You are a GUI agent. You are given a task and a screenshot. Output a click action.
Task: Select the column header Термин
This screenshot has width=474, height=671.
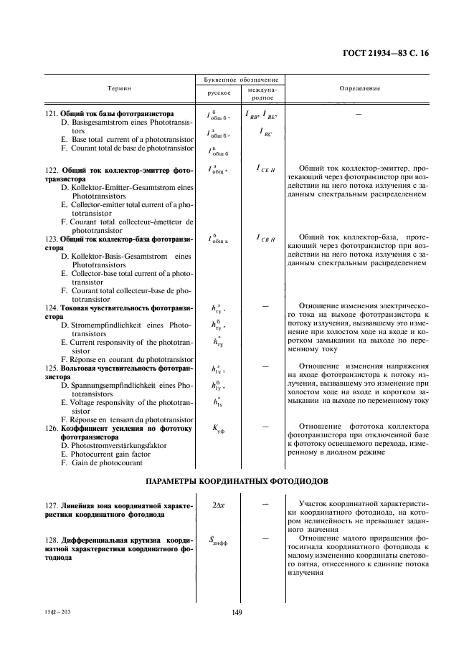[x=120, y=88]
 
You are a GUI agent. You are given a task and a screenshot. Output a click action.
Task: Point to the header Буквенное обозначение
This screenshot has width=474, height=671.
[x=240, y=80]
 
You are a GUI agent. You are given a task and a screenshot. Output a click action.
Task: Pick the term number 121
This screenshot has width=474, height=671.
[x=51, y=114]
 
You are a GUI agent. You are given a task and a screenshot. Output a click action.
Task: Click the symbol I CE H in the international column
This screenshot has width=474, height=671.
[x=265, y=168]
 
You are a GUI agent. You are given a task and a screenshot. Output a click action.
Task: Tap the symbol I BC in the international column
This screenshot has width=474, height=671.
[x=265, y=133]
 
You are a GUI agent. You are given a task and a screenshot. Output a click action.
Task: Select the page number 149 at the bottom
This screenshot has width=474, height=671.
[x=238, y=612]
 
